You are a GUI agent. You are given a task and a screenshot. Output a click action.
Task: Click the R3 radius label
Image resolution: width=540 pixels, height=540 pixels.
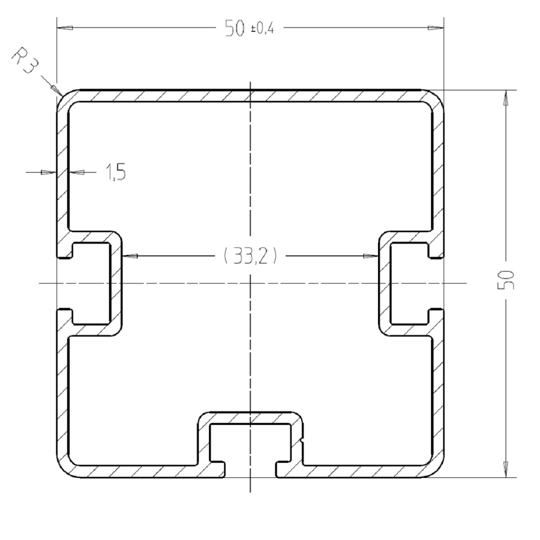(x=24, y=62)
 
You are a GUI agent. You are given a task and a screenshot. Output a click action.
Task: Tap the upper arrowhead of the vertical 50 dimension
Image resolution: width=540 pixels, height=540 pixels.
(x=506, y=97)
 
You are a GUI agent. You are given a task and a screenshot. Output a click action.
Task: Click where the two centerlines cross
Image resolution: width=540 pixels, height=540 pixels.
(x=250, y=283)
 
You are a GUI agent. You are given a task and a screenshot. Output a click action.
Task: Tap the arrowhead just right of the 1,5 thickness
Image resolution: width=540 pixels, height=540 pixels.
(x=78, y=172)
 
